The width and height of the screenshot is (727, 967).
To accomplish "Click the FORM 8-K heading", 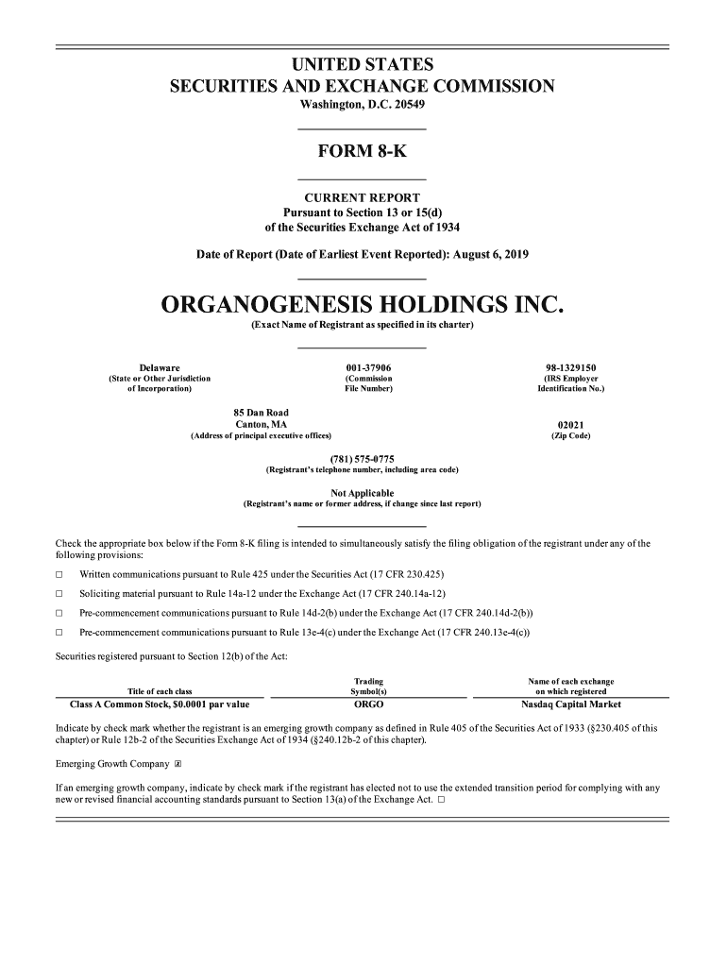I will point(362,153).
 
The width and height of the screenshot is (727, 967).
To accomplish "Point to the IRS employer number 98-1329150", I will point(570,367).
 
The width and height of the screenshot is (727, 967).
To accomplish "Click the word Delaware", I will point(160,367).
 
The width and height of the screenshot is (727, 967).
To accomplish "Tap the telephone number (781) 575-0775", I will point(362,459).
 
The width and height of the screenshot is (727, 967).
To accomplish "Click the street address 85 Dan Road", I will point(261,413).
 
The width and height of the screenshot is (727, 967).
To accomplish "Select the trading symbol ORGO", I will point(367,704).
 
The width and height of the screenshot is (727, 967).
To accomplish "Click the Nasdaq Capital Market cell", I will point(570,704).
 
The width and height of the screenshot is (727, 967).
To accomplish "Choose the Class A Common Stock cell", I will point(160,704).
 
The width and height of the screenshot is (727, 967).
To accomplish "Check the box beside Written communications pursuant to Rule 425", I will point(59,575).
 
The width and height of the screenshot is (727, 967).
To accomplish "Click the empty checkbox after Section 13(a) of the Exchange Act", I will point(441,801).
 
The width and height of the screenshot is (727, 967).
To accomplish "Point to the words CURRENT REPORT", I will point(362,197).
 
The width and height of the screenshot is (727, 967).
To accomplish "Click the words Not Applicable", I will point(362,493).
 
